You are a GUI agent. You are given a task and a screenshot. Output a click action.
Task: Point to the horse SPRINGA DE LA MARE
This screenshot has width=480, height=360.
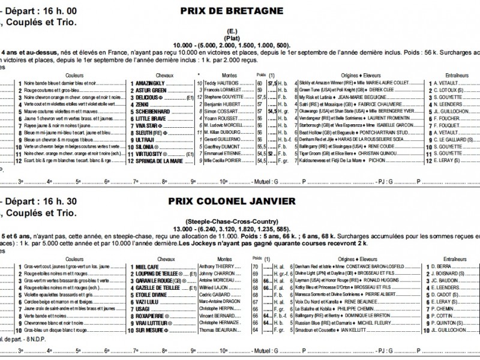158,161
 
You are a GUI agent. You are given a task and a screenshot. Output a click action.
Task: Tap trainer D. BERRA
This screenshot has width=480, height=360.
443,266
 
